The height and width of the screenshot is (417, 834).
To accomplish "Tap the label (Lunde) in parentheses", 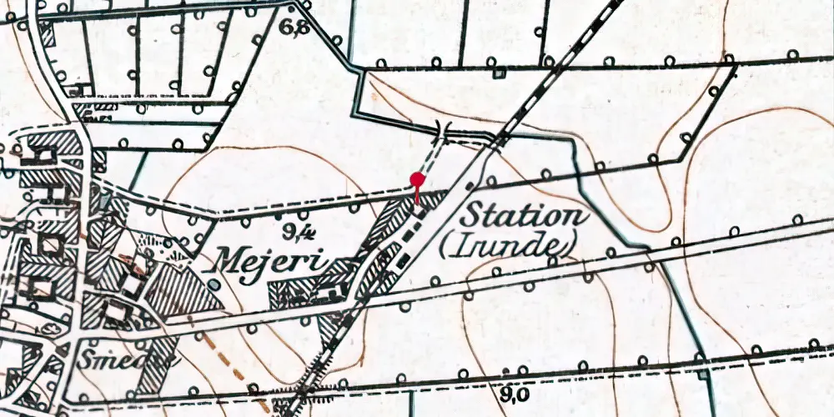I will coord(519,244).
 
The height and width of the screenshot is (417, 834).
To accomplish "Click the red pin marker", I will coord(417,178).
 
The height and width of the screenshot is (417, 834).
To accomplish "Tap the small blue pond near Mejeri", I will coord(214,285).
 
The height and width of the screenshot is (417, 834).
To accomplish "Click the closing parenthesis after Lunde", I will coord(575,245).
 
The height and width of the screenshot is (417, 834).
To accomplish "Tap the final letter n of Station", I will coord(576,217).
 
